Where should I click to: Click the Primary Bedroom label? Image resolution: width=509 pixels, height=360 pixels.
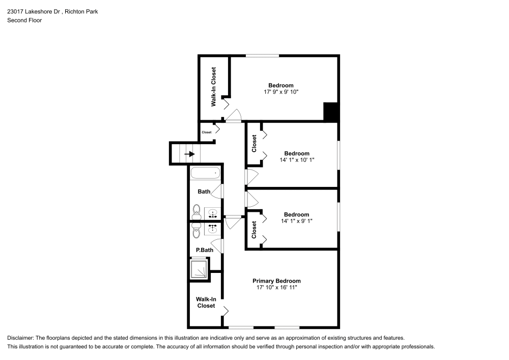[x=276, y=281]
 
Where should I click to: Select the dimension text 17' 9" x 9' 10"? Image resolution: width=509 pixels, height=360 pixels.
[x=280, y=92]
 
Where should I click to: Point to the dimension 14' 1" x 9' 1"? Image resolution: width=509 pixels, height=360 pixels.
[x=296, y=221]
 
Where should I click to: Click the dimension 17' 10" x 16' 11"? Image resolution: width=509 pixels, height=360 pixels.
[x=276, y=288]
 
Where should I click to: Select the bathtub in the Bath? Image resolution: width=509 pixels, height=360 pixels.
[x=206, y=173]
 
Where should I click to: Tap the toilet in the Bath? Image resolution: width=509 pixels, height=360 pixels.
[x=196, y=212]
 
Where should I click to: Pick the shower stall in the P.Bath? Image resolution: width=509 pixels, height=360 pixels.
[x=199, y=269]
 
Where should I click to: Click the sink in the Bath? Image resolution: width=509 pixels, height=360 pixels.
[x=213, y=212]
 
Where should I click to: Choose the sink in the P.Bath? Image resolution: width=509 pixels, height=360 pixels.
[x=213, y=229]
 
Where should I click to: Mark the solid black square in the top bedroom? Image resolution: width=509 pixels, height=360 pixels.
[x=331, y=112]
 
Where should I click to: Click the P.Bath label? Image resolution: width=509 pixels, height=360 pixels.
[x=204, y=251]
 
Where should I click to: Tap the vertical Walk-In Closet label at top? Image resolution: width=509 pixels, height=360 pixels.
[x=214, y=87]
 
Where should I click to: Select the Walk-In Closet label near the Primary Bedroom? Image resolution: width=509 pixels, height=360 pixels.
[x=206, y=302]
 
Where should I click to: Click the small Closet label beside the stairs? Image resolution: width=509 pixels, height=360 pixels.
[x=206, y=132]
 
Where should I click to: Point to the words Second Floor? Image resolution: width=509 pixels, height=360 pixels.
[x=24, y=20]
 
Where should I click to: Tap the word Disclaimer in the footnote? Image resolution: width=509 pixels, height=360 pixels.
[x=20, y=338]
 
